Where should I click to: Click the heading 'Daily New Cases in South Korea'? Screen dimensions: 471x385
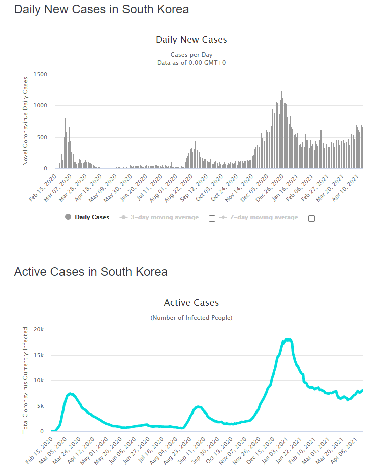[101, 9]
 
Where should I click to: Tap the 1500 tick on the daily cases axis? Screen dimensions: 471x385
[40, 74]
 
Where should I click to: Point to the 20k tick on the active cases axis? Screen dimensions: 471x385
[39, 329]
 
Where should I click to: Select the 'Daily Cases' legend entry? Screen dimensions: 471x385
[92, 218]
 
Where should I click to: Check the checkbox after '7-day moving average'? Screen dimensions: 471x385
[311, 218]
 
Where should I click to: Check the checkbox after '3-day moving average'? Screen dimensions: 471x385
[212, 218]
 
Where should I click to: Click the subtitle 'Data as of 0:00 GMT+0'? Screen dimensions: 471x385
[191, 62]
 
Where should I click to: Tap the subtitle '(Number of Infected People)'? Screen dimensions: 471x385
[191, 318]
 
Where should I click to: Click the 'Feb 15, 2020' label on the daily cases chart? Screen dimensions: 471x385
[43, 188]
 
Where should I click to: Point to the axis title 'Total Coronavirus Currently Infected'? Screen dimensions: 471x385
[25, 380]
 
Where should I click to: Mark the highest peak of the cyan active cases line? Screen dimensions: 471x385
[288, 339]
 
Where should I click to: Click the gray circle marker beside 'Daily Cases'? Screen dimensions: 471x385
[68, 218]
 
